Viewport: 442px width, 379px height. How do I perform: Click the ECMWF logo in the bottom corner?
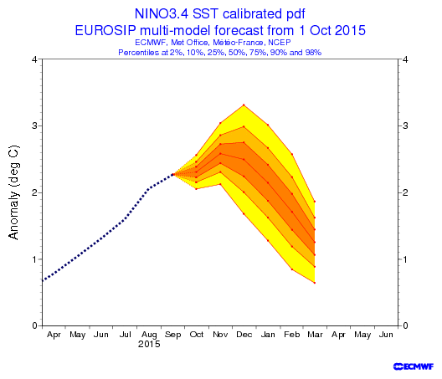click(414, 366)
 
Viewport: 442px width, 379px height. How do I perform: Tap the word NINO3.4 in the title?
click(162, 14)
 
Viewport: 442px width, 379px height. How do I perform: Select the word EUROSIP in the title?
click(105, 30)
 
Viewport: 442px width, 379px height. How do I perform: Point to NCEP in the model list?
click(280, 43)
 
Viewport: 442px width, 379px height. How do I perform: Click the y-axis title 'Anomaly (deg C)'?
click(13, 192)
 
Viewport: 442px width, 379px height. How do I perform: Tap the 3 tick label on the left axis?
click(34, 125)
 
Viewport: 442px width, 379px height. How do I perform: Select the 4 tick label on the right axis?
click(405, 59)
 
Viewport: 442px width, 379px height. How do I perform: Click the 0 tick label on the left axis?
click(34, 325)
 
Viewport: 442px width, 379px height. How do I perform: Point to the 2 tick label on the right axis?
click(405, 192)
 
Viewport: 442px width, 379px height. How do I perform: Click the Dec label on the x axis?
click(244, 335)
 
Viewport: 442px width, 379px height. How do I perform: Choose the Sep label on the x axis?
click(172, 335)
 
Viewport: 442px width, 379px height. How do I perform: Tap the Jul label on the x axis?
click(126, 335)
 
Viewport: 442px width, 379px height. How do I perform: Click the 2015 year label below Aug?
click(149, 344)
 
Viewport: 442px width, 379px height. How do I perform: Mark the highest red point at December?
click(244, 105)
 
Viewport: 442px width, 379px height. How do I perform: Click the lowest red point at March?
click(315, 283)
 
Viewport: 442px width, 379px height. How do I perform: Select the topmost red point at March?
click(315, 202)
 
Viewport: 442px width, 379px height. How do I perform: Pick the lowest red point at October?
click(196, 189)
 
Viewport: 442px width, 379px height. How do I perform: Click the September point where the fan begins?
click(173, 174)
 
